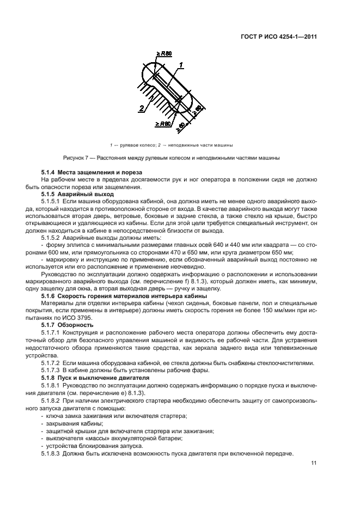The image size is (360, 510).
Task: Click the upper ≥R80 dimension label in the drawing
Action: click(x=164, y=53)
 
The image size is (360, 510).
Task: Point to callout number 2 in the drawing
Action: click(x=141, y=108)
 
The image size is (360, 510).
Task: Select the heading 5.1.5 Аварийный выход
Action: click(x=77, y=193)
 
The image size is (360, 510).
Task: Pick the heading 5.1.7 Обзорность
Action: click(x=68, y=325)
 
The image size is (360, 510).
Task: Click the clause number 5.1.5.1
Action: click(x=52, y=201)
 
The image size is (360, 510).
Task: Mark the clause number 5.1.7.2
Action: click(x=52, y=362)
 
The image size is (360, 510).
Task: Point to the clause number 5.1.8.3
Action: click(x=52, y=453)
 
